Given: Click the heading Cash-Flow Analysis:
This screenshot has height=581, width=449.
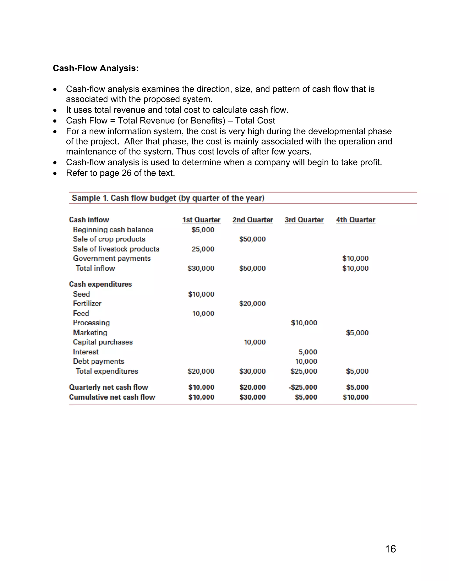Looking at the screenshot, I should pyautogui.click(x=96, y=68).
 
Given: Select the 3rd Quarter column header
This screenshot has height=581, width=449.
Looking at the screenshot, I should pyautogui.click(x=304, y=220).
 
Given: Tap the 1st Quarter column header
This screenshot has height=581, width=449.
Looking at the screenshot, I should pyautogui.click(x=201, y=220).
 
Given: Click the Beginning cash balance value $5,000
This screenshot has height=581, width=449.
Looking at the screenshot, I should pyautogui.click(x=203, y=230).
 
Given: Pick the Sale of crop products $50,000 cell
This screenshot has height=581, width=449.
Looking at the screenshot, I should pyautogui.click(x=252, y=239).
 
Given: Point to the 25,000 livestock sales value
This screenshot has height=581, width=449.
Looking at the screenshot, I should pyautogui.click(x=203, y=249).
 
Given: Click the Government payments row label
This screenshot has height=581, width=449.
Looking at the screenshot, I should pyautogui.click(x=112, y=258).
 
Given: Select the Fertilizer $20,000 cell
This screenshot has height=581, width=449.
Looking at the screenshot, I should pyautogui.click(x=252, y=303).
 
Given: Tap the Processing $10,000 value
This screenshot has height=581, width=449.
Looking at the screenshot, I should pyautogui.click(x=304, y=323).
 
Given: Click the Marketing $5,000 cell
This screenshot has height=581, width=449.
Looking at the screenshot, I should pyautogui.click(x=357, y=333).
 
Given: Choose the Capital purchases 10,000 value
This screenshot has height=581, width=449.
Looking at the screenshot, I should pyautogui.click(x=255, y=342).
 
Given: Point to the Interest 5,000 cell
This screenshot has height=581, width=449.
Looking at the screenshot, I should pyautogui.click(x=308, y=352).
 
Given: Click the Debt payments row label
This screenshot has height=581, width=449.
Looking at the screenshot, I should pyautogui.click(x=98, y=362).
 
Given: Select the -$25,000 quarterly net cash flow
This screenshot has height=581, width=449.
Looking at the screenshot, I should pyautogui.click(x=303, y=387).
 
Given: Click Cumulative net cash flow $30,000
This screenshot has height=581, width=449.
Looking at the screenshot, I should pyautogui.click(x=252, y=397).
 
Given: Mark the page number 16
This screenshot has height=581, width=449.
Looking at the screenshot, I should pyautogui.click(x=390, y=549).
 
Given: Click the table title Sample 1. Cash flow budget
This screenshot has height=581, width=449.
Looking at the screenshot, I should pyautogui.click(x=168, y=198).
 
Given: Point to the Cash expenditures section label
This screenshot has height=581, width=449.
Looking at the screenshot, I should pyautogui.click(x=100, y=284).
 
